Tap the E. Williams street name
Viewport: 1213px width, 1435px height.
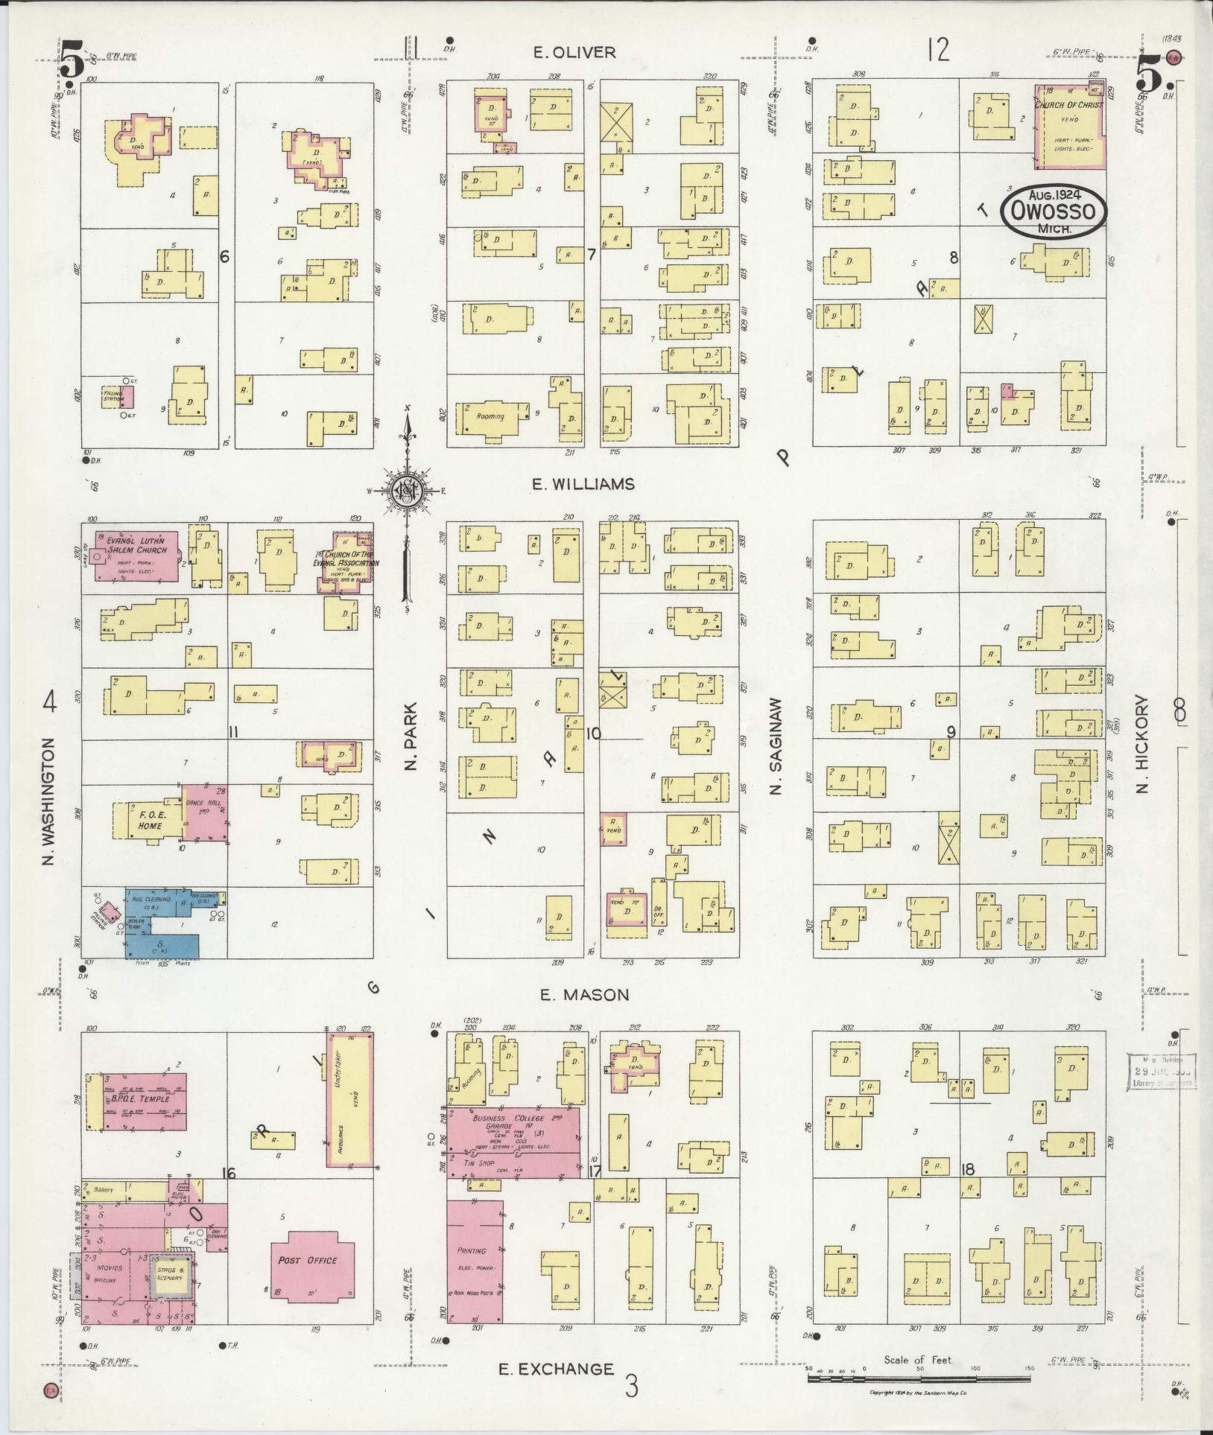coord(583,484)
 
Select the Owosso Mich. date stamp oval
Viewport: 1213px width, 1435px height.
coord(1053,211)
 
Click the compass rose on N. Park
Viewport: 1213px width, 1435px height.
coord(407,491)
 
